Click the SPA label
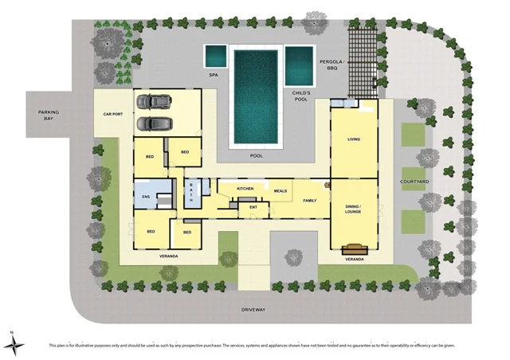[214, 75]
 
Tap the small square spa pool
[214, 57]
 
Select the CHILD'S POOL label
[300, 96]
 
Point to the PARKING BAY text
[49, 115]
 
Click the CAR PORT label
[113, 115]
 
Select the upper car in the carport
[155, 102]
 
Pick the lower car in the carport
[155, 123]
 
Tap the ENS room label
[146, 196]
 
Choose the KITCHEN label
[245, 189]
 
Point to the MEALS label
[280, 191]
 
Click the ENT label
[253, 207]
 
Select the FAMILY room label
[311, 201]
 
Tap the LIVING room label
[354, 139]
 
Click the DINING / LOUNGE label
[354, 209]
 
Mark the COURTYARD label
[415, 182]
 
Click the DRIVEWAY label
[255, 309]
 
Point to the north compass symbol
[15, 342]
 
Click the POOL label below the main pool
[257, 155]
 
